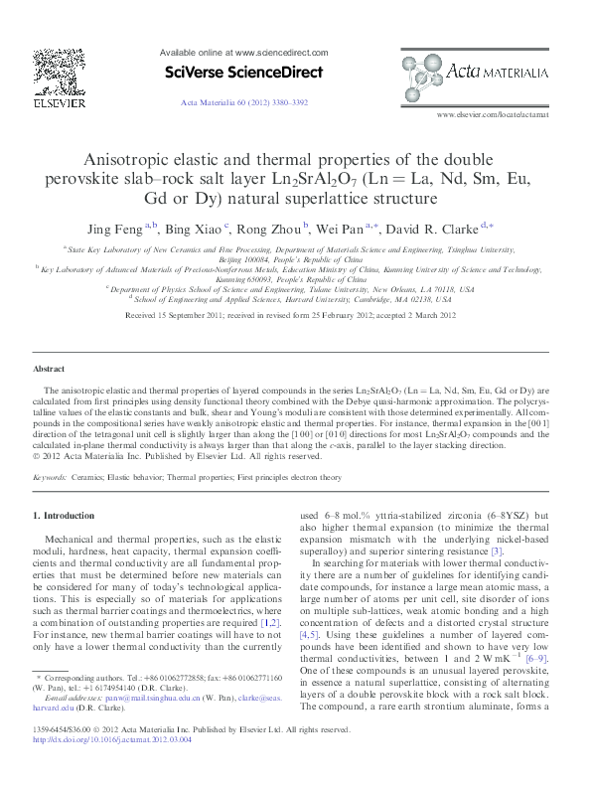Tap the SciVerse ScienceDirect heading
[x=242, y=73]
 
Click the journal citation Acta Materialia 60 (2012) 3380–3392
[x=243, y=101]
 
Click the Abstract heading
[x=51, y=369]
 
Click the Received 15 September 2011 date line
[x=295, y=315]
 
